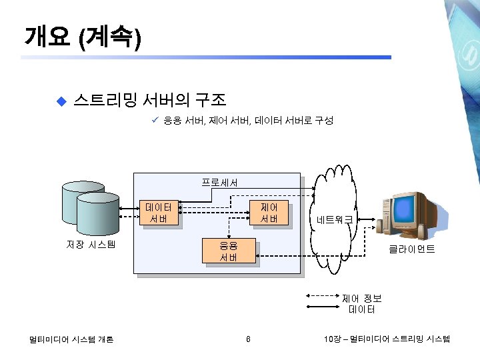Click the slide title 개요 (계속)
[x=81, y=37]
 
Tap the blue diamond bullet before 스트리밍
[x=61, y=101]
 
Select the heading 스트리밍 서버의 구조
[x=150, y=101]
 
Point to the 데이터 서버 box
[x=159, y=213]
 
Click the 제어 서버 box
[x=269, y=213]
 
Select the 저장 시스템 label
[x=91, y=244]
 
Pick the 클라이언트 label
[x=412, y=249]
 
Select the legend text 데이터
[x=361, y=309]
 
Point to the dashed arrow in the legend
[x=323, y=295]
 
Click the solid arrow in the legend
[x=323, y=307]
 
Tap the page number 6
[x=247, y=339]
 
